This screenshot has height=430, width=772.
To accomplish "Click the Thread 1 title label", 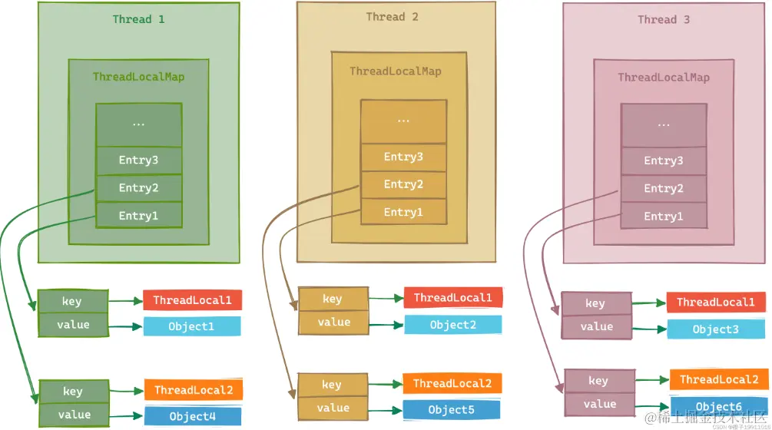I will pyautogui.click(x=139, y=19).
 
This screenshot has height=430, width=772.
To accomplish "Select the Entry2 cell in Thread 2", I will pyautogui.click(x=403, y=184).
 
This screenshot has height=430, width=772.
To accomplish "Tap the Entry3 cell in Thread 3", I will pyautogui.click(x=664, y=160).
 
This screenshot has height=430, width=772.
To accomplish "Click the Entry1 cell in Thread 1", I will pyautogui.click(x=138, y=216).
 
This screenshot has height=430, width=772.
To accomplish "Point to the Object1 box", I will pyautogui.click(x=191, y=326).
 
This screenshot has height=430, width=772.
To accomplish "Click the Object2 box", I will pyautogui.click(x=452, y=325).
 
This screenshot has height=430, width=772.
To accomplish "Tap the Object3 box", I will pyautogui.click(x=715, y=329).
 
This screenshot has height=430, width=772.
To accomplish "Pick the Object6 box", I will pyautogui.click(x=718, y=406).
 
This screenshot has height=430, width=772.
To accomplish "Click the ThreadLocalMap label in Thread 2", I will pyautogui.click(x=396, y=71).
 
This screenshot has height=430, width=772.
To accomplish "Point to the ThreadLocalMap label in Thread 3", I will pyautogui.click(x=664, y=78).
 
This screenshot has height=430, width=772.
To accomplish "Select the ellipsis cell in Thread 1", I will pyautogui.click(x=138, y=124).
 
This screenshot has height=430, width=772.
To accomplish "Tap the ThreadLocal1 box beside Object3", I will pyautogui.click(x=716, y=303).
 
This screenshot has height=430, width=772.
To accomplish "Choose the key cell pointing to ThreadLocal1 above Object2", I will pyautogui.click(x=333, y=299).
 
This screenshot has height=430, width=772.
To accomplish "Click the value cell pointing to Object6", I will pyautogui.click(x=600, y=404).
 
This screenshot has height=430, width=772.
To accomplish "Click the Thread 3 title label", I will pyautogui.click(x=663, y=19).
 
